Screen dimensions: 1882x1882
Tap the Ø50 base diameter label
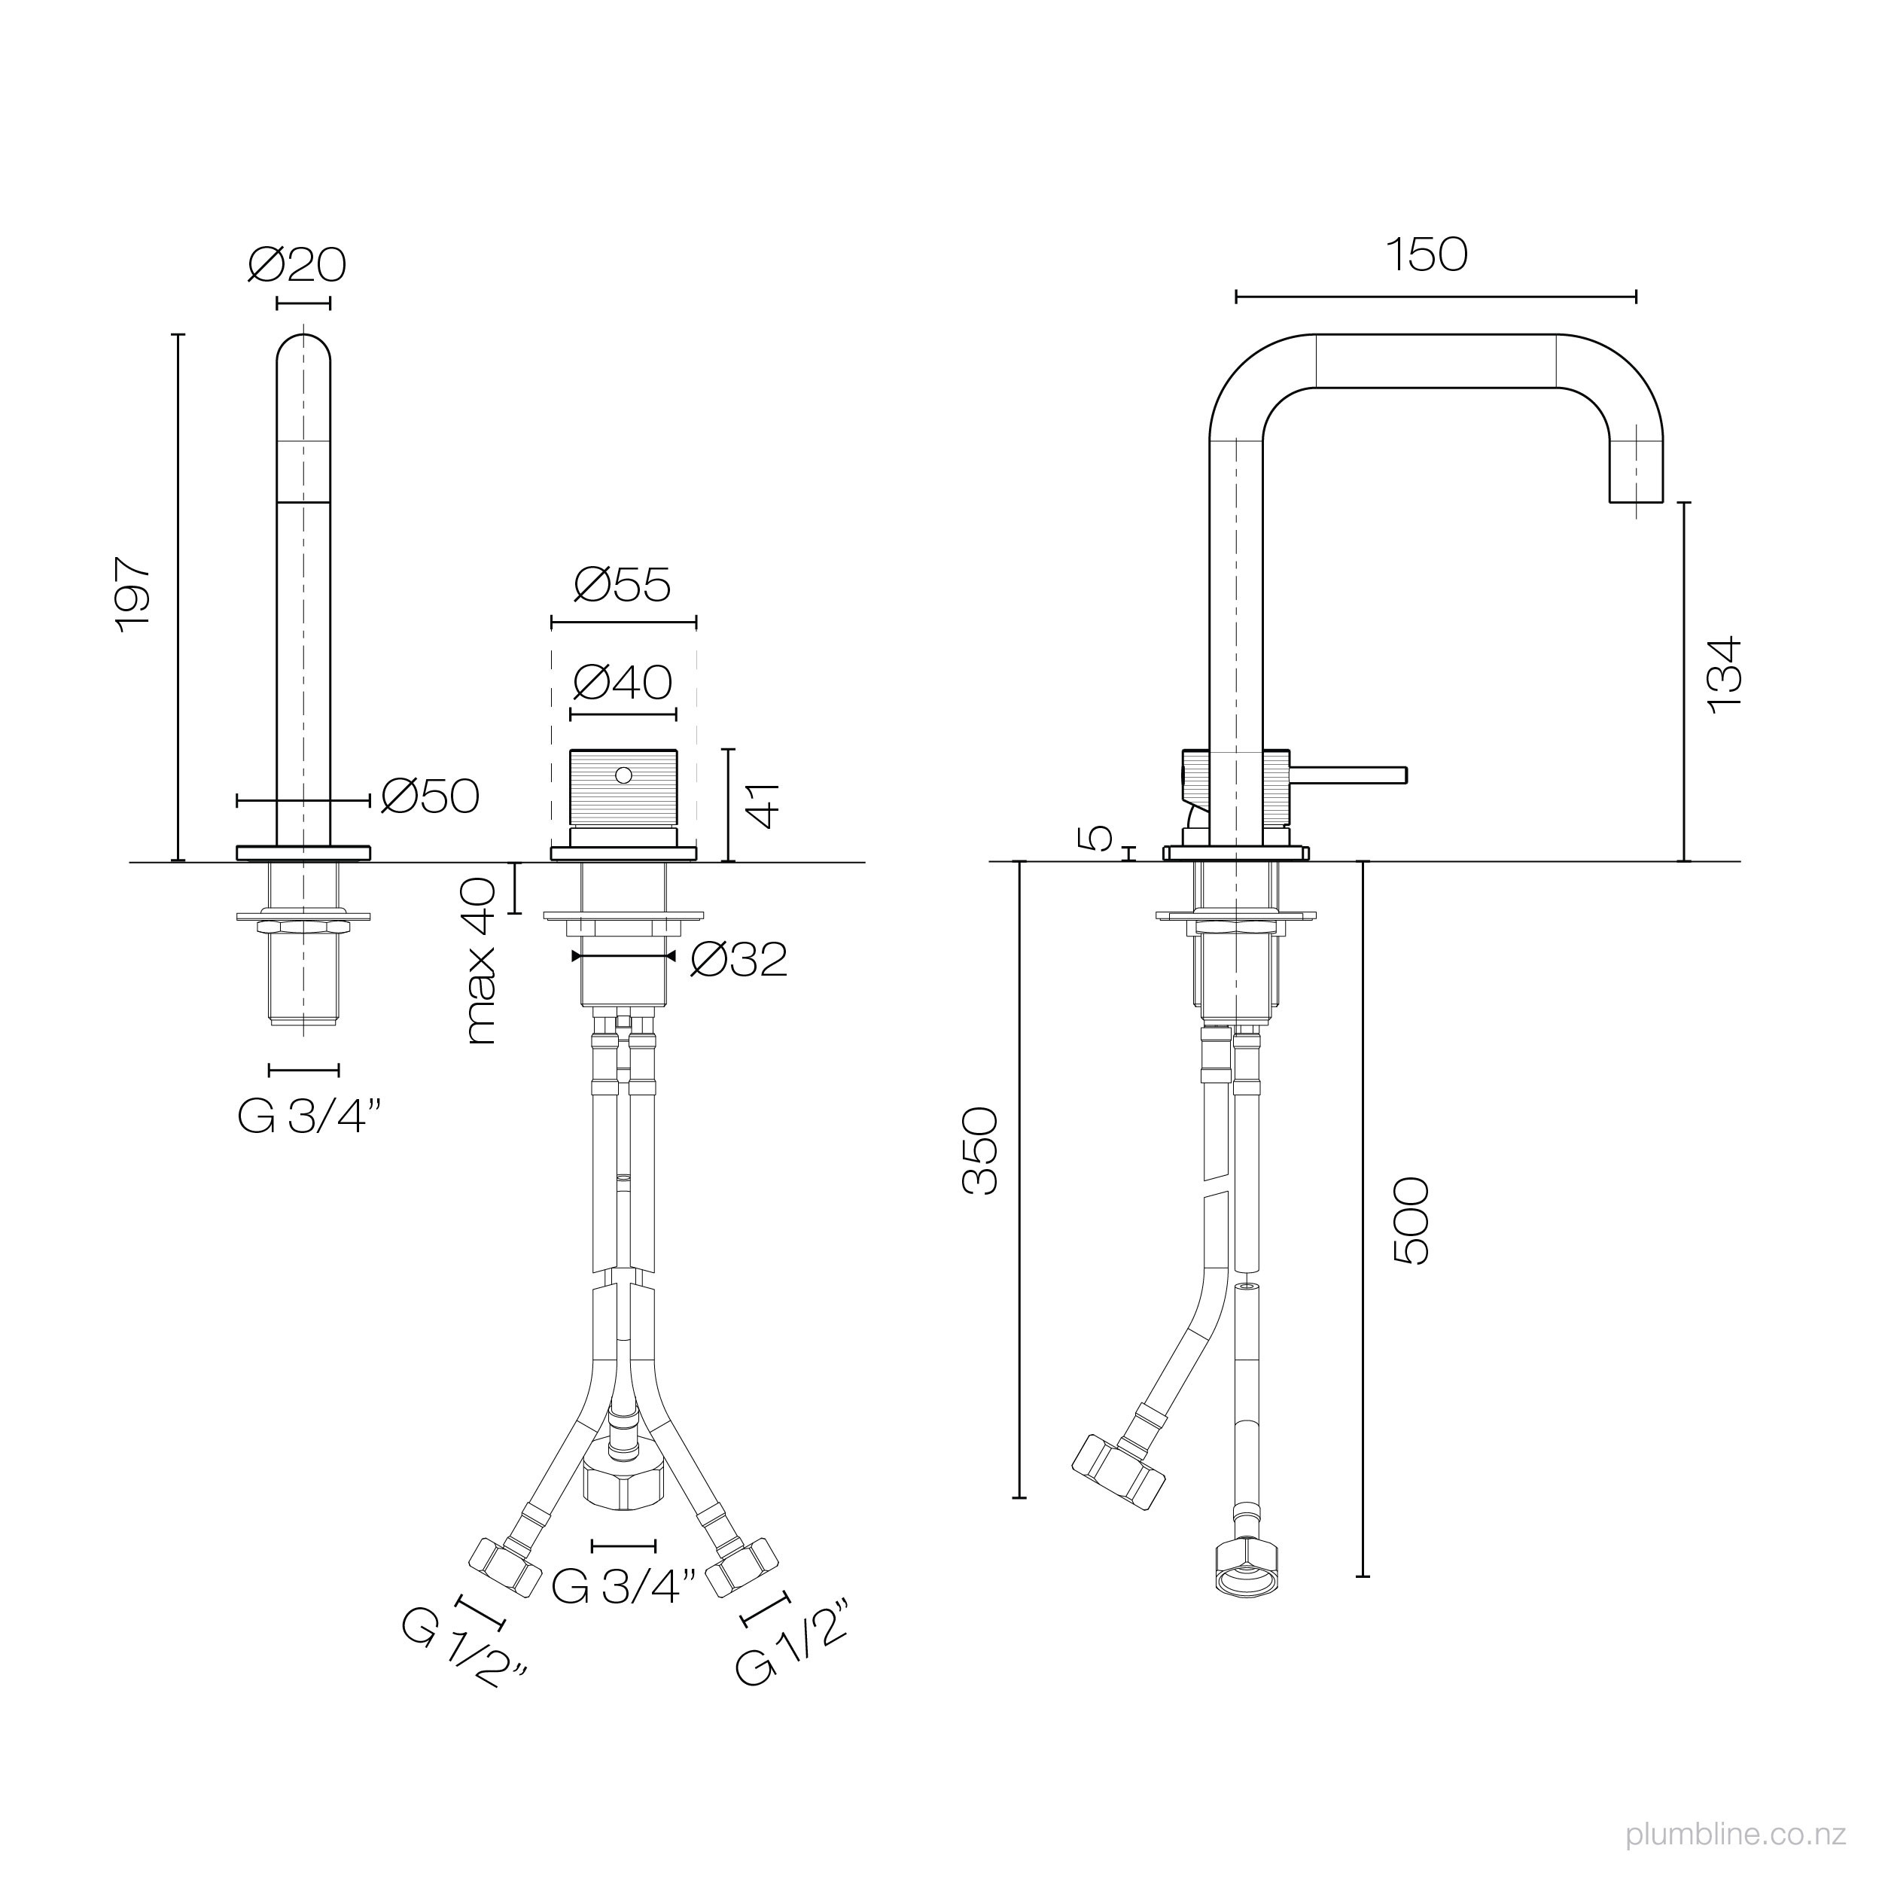click(430, 796)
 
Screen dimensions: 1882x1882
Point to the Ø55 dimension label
click(623, 586)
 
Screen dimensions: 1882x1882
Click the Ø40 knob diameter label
click(623, 683)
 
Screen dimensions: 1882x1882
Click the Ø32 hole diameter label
click(738, 961)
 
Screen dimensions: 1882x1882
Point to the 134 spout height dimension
click(1725, 675)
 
